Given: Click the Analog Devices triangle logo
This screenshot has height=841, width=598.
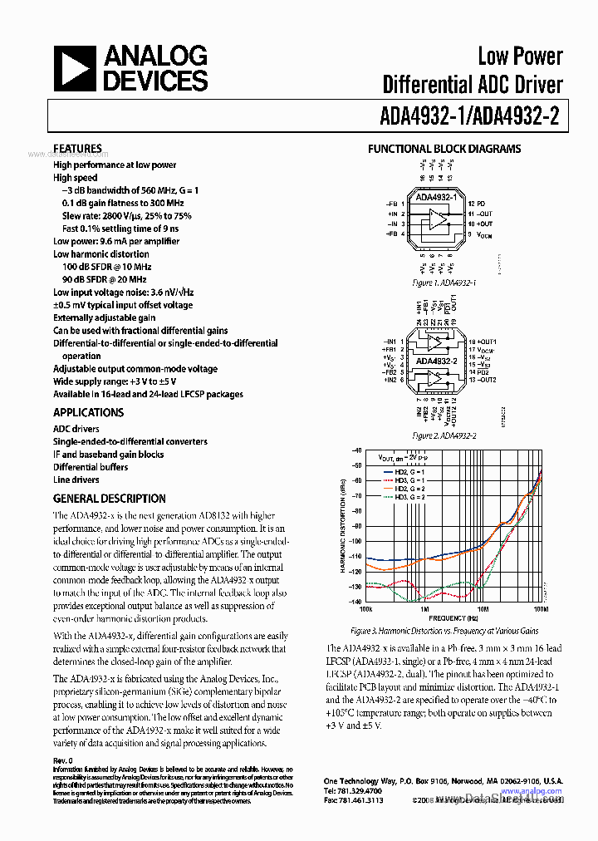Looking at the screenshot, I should (75, 69).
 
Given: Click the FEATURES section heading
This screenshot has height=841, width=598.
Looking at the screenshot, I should (77, 149).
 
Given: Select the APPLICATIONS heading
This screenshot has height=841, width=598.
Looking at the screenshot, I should (88, 412).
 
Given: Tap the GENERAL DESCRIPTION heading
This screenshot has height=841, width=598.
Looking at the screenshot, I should (109, 499).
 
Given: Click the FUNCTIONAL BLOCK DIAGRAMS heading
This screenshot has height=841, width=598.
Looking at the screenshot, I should (444, 149).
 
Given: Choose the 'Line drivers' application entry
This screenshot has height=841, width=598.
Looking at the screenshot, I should (76, 480).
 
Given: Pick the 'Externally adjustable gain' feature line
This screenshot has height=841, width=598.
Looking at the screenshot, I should (104, 317).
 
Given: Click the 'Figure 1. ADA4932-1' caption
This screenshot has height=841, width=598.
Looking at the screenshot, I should (444, 283).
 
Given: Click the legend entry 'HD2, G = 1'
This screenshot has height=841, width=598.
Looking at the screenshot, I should (402, 471).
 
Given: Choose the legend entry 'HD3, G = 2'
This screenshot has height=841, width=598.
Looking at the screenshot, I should (402, 496).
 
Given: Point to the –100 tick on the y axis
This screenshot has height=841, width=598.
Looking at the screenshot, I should (356, 541).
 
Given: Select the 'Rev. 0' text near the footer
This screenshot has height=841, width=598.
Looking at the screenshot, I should (63, 760).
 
